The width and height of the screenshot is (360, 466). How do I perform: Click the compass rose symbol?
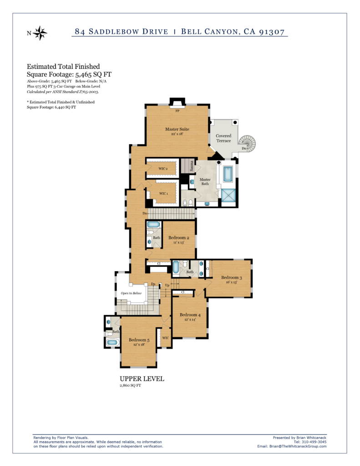(40, 33)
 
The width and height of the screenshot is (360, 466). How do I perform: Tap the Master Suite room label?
(177, 129)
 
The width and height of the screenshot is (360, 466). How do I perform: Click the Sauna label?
(192, 166)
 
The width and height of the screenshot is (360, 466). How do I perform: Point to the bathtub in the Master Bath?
(228, 174)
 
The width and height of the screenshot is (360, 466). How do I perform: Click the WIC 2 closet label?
(163, 168)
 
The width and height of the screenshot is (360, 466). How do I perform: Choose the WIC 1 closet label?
(163, 193)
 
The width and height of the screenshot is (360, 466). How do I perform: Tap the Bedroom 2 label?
(179, 238)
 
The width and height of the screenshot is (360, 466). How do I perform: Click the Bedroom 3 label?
(232, 277)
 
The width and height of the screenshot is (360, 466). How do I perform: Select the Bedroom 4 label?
(190, 315)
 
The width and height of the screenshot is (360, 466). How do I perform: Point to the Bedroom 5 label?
(139, 339)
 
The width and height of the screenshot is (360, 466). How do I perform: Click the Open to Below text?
(131, 293)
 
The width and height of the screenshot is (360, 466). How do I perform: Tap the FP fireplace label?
(177, 111)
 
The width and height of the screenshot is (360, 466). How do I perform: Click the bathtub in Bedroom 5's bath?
(112, 342)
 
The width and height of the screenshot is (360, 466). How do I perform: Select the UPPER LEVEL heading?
(142, 379)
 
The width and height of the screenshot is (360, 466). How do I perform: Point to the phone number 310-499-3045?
(314, 442)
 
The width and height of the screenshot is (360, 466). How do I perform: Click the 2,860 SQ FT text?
(130, 385)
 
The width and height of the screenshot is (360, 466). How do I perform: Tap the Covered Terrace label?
(223, 138)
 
